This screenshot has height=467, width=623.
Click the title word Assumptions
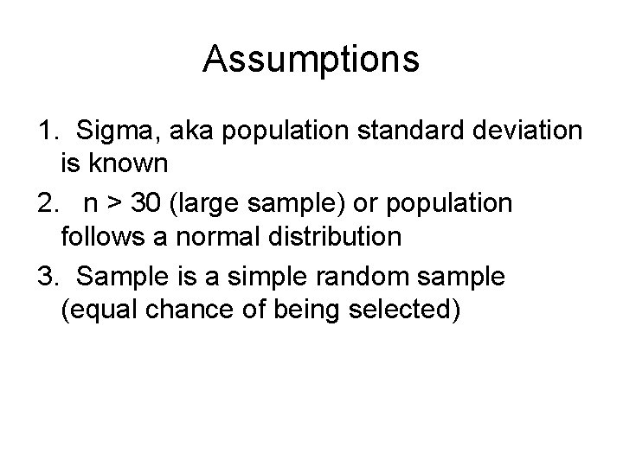coord(311,60)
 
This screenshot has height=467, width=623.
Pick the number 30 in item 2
coord(149,205)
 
